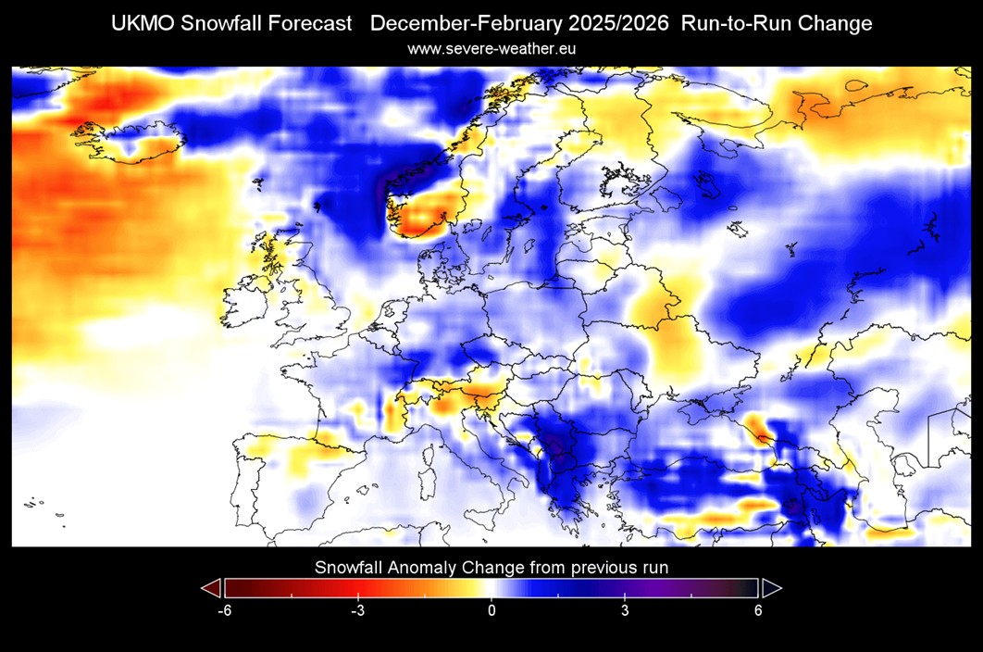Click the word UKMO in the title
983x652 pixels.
coord(141,23)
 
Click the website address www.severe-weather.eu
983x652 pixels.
coord(491,48)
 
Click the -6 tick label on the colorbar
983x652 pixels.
coord(223,611)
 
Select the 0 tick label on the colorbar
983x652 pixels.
coord(491,611)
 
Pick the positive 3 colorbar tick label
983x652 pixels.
coord(625,611)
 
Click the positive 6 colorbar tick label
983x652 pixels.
coord(758,611)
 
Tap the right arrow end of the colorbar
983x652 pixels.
coord(771,588)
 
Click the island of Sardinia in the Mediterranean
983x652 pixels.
coord(427,482)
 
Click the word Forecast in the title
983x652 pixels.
coord(310,23)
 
